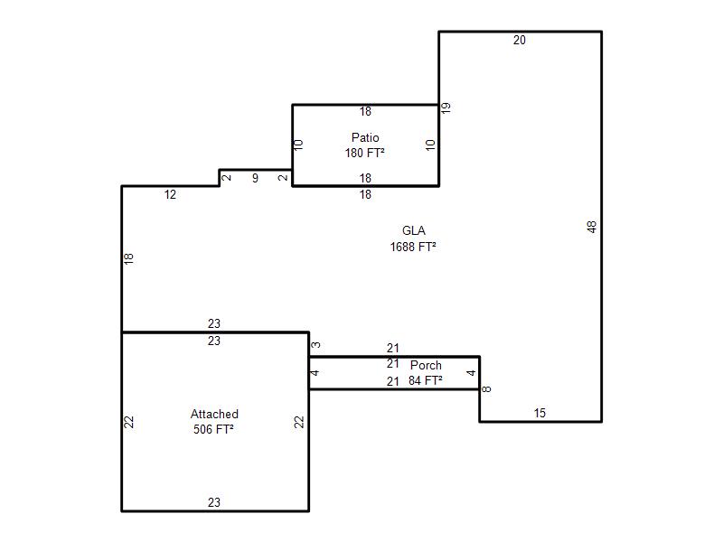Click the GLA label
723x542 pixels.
414,230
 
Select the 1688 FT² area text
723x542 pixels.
413,247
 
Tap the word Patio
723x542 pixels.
365,137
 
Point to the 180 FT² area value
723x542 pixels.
365,153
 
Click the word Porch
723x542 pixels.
426,365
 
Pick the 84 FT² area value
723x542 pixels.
425,380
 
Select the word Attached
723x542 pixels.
214,414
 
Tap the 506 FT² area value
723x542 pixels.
213,429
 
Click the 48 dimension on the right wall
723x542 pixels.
592,227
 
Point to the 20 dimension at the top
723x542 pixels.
520,40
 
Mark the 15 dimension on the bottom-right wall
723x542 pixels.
540,413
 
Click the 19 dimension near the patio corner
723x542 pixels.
446,107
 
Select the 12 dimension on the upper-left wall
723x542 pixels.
170,194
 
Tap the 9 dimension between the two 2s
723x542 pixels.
255,178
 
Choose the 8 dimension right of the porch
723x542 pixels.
486,389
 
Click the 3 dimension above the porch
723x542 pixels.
315,345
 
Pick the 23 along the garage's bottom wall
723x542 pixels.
214,502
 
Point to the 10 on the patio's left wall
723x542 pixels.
298,145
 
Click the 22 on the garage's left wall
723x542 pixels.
128,422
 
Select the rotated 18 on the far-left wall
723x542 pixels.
128,258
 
